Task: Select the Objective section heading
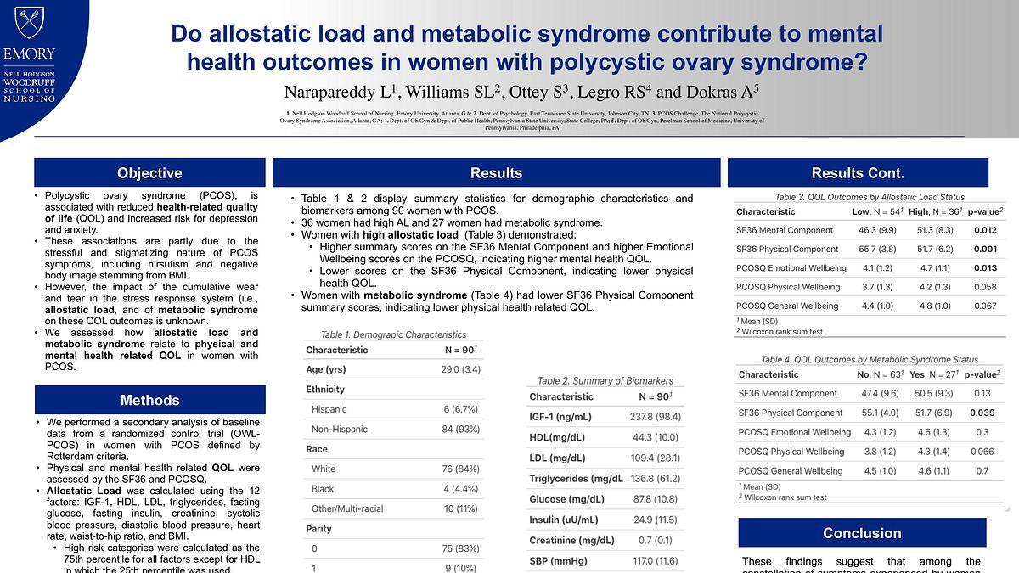(149, 173)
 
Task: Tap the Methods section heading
(149, 400)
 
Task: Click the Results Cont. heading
(858, 173)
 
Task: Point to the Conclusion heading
(861, 533)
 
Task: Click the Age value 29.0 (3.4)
(460, 369)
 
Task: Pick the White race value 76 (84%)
(460, 469)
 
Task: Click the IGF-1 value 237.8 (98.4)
(649, 417)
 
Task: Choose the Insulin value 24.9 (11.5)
(649, 520)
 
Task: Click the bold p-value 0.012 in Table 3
(984, 230)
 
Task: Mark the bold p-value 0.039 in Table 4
(982, 413)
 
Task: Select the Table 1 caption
(382, 334)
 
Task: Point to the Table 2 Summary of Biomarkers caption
(605, 380)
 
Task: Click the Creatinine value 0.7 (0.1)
(649, 541)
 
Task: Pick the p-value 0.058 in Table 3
(984, 287)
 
